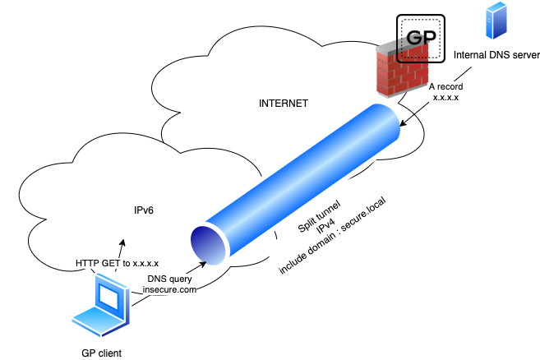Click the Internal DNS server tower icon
pyautogui.click(x=496, y=21)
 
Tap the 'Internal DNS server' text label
pyautogui.click(x=496, y=55)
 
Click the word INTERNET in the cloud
pyautogui.click(x=283, y=104)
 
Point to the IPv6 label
pyautogui.click(x=144, y=210)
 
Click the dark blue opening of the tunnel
pyautogui.click(x=207, y=242)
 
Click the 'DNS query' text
pyautogui.click(x=170, y=278)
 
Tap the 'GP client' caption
pyautogui.click(x=101, y=353)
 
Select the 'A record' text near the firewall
pyautogui.click(x=444, y=85)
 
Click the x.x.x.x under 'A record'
pyautogui.click(x=444, y=96)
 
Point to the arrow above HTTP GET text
pyautogui.click(x=122, y=246)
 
